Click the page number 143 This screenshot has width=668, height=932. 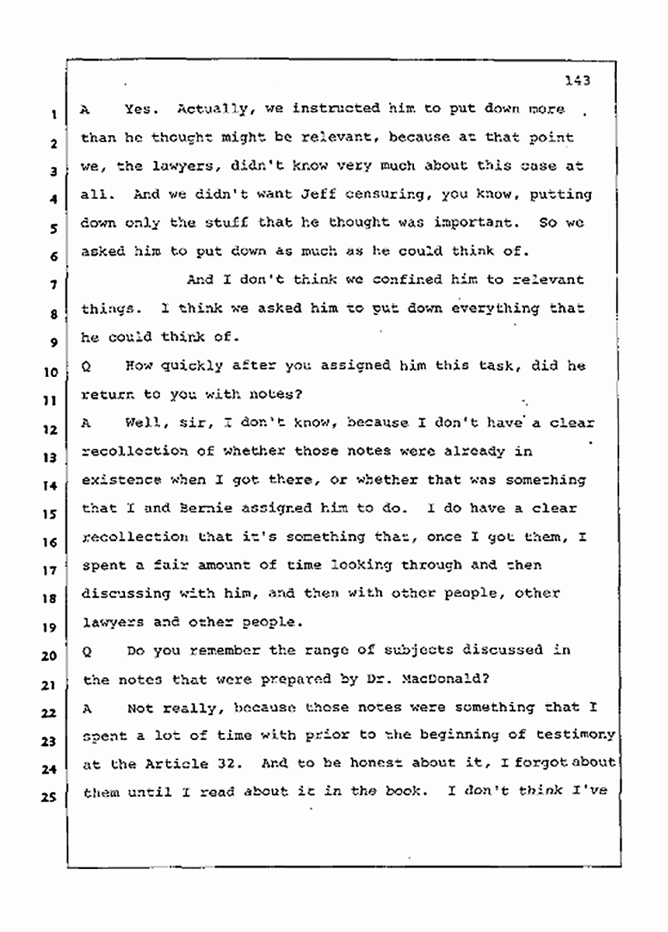tap(578, 79)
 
